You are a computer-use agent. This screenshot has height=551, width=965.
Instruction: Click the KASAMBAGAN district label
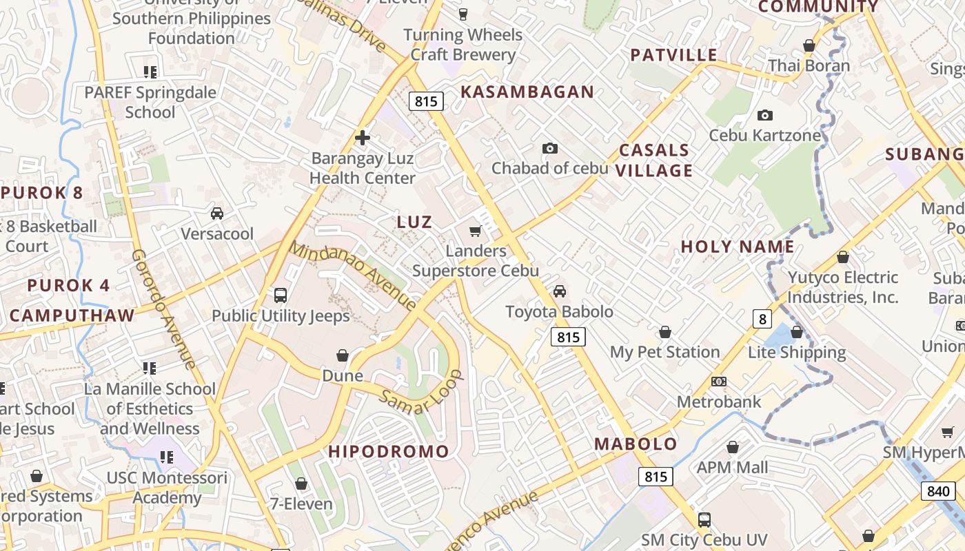[527, 92]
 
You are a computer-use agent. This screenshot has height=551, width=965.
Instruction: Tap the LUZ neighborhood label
[414, 222]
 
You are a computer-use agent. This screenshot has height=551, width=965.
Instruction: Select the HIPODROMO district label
[389, 452]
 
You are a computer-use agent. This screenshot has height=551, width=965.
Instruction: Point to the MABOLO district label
[636, 444]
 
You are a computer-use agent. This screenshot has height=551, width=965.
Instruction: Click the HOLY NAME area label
[738, 247]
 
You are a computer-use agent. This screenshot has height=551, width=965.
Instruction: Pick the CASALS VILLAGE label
[653, 160]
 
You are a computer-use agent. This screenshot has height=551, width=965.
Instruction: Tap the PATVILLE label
[673, 55]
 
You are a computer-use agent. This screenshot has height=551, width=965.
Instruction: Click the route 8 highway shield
[762, 319]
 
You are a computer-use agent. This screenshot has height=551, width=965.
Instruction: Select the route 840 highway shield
[938, 491]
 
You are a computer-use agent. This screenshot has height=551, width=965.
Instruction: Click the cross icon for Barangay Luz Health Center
[363, 138]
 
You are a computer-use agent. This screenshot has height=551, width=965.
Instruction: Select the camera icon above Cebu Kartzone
[764, 115]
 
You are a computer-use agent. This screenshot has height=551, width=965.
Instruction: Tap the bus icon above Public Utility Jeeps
[281, 295]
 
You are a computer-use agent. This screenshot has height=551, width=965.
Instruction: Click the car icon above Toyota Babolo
[560, 291]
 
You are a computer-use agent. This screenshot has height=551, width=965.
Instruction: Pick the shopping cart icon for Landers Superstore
[475, 231]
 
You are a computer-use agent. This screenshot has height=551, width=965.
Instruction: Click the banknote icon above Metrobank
[719, 382]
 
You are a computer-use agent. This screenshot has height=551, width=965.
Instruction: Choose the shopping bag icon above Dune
[343, 355]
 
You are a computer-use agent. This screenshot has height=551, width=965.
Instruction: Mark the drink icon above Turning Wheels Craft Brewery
[463, 14]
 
